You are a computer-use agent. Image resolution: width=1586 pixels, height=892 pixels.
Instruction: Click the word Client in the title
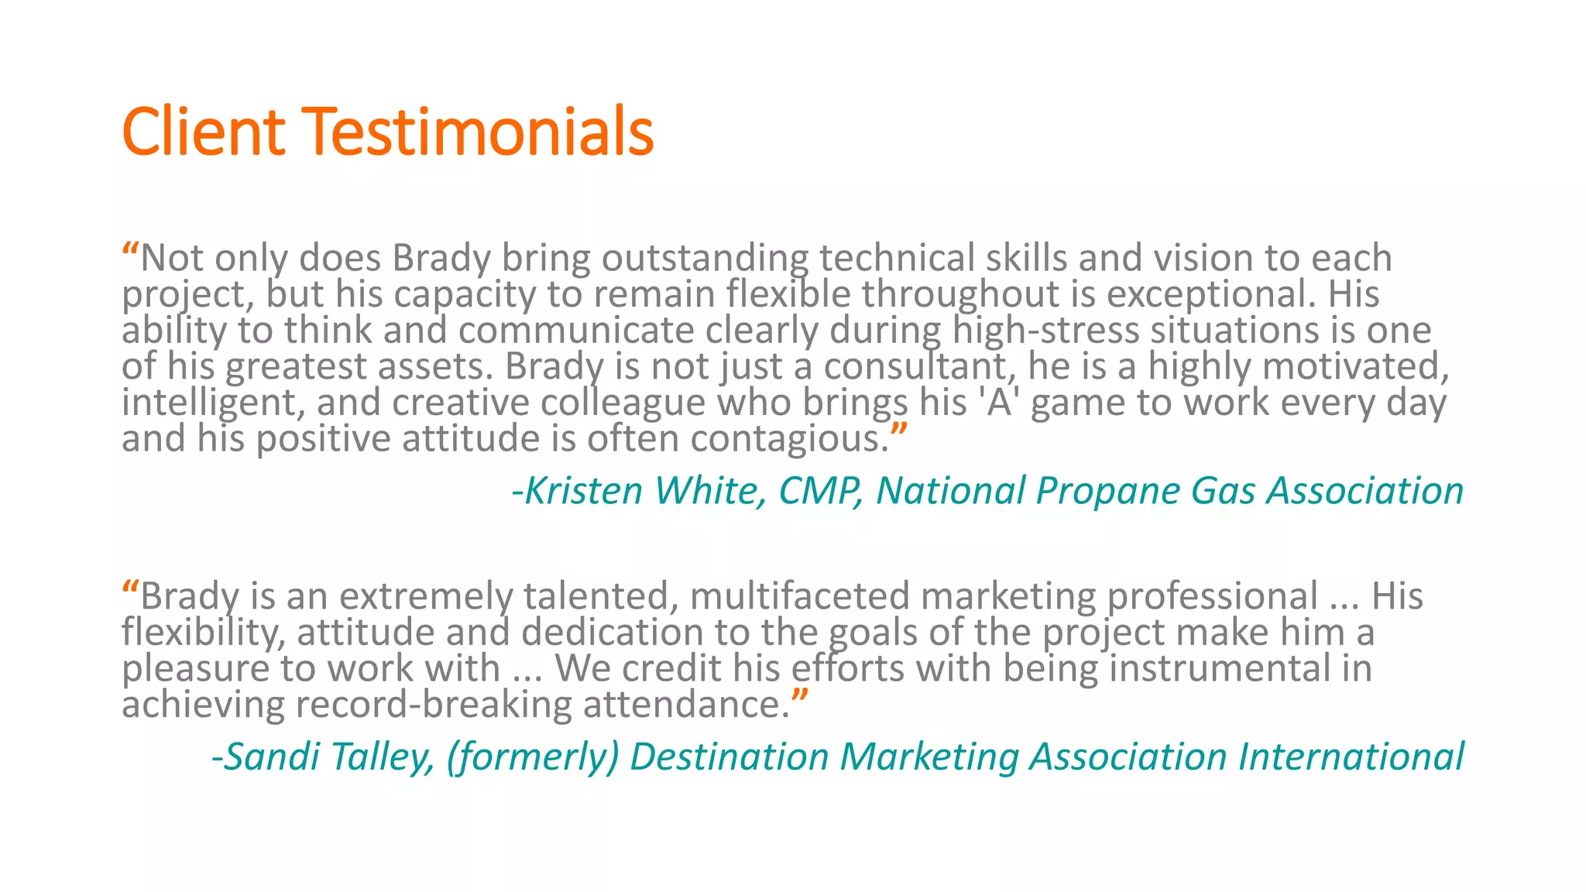pos(204,132)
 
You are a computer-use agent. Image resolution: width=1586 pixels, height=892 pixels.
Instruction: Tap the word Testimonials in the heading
pos(478,132)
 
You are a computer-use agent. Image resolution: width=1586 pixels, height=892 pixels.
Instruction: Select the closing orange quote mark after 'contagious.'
pos(898,431)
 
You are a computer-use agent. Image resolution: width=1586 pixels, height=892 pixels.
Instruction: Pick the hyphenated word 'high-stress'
pos(1045,331)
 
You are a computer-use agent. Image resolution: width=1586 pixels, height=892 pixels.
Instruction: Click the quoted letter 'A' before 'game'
pos(999,403)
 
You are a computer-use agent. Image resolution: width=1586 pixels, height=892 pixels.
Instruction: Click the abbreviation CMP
pos(820,491)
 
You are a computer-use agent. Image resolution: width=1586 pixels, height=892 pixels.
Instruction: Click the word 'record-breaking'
pos(433,705)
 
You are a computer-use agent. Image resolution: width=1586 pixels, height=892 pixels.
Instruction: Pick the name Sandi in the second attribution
pos(271,756)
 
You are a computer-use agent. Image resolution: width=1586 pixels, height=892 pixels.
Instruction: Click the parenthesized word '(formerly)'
pos(533,757)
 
